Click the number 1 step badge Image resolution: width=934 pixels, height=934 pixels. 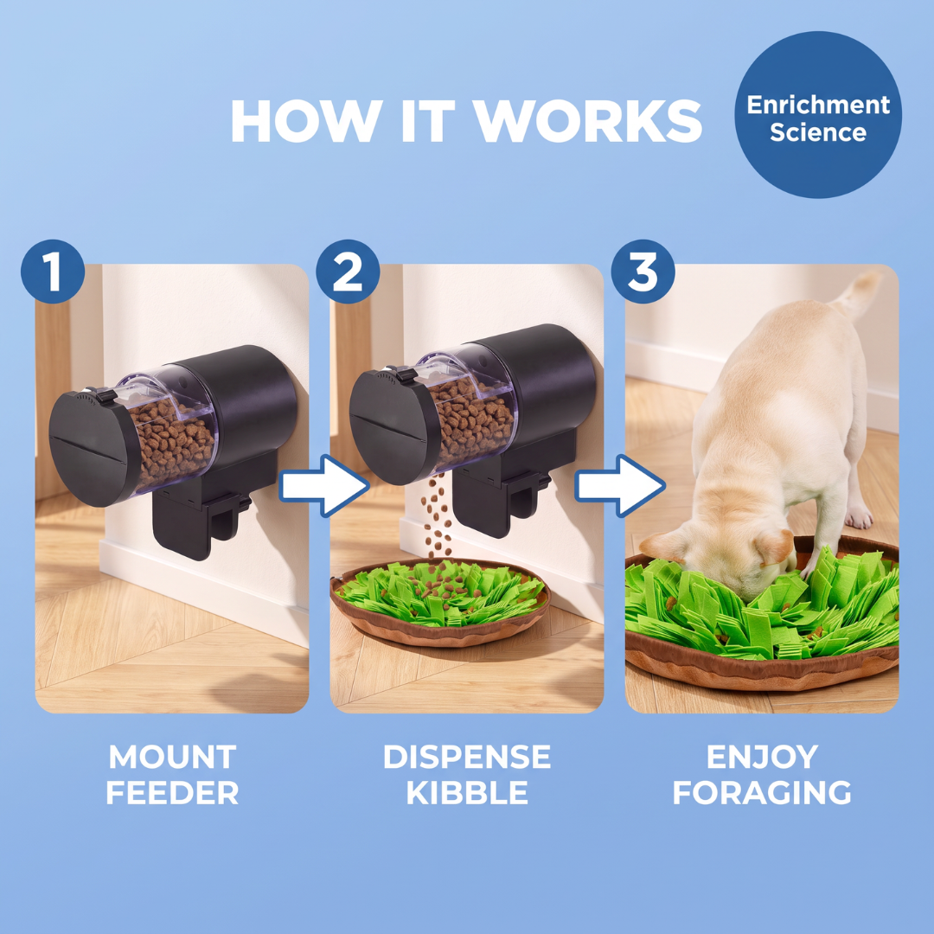click(x=53, y=272)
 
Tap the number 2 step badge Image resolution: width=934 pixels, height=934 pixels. click(x=348, y=272)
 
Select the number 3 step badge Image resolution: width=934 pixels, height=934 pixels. click(x=643, y=272)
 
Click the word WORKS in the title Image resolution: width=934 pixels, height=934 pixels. click(x=588, y=121)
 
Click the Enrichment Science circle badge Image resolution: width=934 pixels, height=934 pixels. click(x=818, y=114)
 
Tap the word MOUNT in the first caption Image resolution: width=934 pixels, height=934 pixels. click(x=172, y=757)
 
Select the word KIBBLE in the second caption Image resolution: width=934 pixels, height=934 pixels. click(x=467, y=793)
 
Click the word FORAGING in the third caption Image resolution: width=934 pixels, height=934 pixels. click(x=762, y=793)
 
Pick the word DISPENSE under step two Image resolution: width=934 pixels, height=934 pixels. click(x=467, y=757)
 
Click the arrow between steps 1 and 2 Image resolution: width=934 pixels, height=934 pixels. click(x=324, y=485)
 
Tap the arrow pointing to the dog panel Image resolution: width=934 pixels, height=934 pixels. click(x=619, y=485)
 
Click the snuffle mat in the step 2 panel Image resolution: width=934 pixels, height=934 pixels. click(x=439, y=602)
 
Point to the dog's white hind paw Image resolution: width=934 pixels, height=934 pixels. click(x=859, y=517)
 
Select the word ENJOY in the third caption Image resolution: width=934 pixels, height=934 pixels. click(x=762, y=757)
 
